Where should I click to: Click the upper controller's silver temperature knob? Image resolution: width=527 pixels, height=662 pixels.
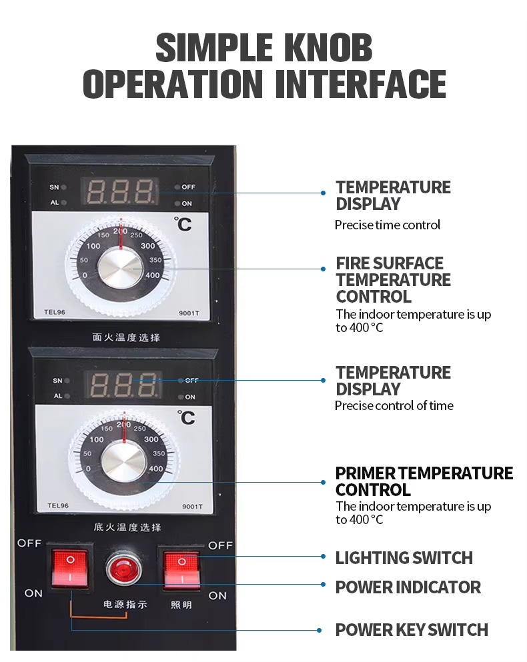tap(121, 269)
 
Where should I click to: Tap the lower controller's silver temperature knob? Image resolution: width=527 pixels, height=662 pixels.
tap(124, 462)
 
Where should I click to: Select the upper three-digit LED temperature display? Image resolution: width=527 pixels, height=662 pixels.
tap(120, 191)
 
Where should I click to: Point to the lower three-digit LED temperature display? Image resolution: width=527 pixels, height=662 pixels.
tap(123, 384)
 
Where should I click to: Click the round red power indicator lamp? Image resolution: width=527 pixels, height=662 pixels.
tap(124, 568)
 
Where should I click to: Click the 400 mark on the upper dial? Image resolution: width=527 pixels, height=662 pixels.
tap(153, 275)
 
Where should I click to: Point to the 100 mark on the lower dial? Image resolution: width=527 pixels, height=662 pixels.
tap(96, 439)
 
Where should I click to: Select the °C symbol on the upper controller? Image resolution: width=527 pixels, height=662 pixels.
tap(183, 224)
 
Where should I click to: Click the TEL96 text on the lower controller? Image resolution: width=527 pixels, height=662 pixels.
tap(58, 505)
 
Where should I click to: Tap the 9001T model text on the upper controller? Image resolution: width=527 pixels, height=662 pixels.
tap(189, 313)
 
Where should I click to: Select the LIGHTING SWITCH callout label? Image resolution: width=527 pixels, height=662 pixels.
tap(404, 558)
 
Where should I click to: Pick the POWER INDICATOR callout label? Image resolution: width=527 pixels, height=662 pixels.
tap(408, 587)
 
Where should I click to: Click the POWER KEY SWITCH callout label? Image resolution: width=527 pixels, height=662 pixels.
tap(412, 629)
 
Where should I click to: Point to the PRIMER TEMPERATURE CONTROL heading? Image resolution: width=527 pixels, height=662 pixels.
tap(424, 481)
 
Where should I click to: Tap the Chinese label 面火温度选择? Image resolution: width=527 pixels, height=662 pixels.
tap(126, 337)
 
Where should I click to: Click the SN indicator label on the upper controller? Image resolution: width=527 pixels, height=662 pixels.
tap(54, 187)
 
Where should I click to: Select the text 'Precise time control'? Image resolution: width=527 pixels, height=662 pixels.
tap(388, 225)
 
